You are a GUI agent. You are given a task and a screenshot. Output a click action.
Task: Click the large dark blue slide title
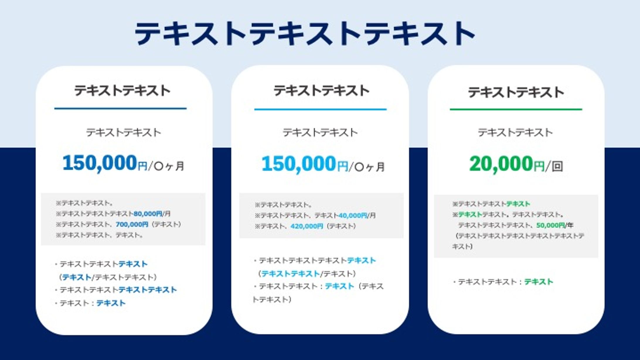(305, 33)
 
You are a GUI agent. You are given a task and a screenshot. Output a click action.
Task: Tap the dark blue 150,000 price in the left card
(100, 163)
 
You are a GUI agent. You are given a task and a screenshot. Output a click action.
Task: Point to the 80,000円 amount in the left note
(148, 214)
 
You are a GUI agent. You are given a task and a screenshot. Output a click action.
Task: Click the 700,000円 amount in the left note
(132, 224)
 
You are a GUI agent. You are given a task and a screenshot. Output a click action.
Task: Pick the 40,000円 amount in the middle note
(353, 216)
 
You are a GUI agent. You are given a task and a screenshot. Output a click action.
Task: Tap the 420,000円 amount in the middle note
(307, 226)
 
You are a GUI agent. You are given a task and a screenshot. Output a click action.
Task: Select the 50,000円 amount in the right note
(550, 225)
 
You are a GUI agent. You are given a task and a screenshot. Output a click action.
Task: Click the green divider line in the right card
(516, 110)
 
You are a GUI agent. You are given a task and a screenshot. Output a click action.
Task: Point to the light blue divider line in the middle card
(320, 110)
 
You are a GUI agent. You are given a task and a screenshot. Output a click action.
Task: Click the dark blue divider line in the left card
(120, 109)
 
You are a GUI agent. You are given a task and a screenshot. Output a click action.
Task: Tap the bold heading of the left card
(122, 91)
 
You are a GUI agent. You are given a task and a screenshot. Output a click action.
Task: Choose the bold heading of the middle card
(321, 91)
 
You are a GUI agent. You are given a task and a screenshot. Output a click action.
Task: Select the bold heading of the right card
(516, 92)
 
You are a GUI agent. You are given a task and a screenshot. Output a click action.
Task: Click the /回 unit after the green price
(554, 166)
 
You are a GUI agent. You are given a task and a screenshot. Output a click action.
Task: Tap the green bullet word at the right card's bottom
(539, 282)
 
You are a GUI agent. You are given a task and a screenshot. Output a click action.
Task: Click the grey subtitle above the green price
(515, 132)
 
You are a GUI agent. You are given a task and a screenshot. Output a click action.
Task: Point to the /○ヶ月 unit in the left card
(166, 166)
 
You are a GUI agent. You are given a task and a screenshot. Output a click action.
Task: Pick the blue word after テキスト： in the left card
(111, 303)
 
